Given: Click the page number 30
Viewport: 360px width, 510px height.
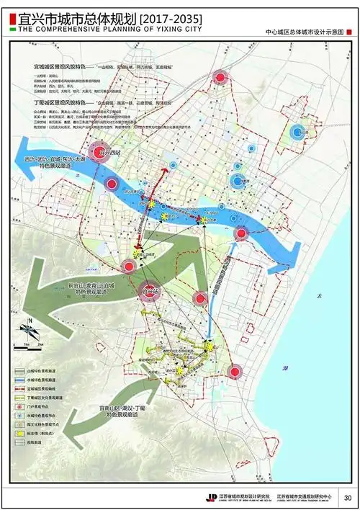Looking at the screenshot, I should pyautogui.click(x=348, y=497).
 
